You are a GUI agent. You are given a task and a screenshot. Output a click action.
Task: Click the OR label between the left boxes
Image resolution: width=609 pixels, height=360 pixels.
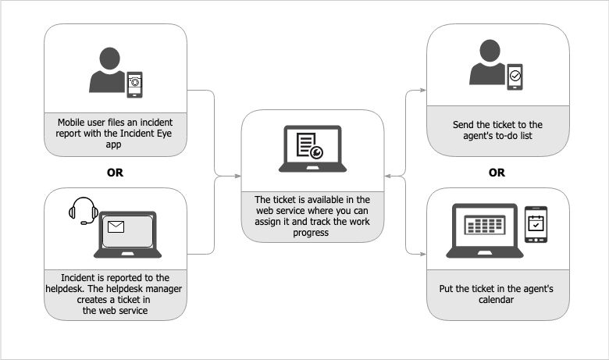coord(115,173)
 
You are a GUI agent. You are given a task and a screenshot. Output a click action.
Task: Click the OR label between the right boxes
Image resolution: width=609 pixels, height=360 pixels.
coord(497,173)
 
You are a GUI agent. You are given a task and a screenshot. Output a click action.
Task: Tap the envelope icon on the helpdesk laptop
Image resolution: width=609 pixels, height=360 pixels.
coord(116,228)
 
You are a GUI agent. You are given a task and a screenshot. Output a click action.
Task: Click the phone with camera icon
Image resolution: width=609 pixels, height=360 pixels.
coord(135,81)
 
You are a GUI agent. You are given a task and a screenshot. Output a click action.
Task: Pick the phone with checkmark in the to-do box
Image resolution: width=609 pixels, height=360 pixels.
coord(515,76)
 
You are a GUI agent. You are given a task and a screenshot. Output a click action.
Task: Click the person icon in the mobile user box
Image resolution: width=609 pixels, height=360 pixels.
coord(107,71)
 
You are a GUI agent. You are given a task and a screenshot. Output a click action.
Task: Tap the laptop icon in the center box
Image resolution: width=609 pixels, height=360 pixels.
coord(312,149)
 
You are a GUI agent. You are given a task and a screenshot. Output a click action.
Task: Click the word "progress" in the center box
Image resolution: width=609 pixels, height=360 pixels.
coord(312,232)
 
